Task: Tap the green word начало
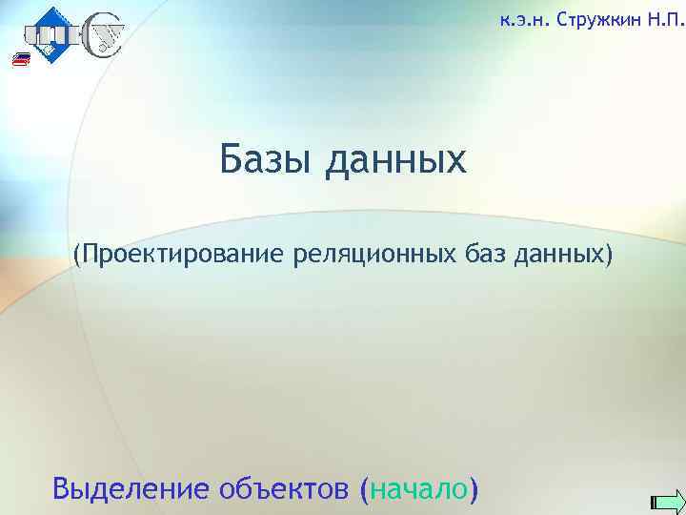[416, 489]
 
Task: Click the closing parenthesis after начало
[474, 489]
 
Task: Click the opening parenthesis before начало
[367, 489]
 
